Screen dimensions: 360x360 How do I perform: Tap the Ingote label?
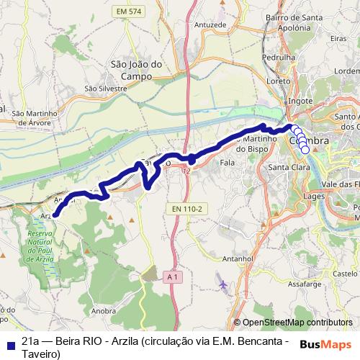click(x=300, y=102)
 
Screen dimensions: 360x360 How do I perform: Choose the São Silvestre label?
click(x=105, y=89)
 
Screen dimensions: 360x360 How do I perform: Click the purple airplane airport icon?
click(x=222, y=284)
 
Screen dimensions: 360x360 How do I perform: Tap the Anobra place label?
click(x=104, y=311)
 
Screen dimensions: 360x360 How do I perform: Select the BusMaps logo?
click(x=326, y=345)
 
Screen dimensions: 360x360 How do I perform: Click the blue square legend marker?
click(x=9, y=344)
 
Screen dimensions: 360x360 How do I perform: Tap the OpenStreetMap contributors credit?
click(x=297, y=323)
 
